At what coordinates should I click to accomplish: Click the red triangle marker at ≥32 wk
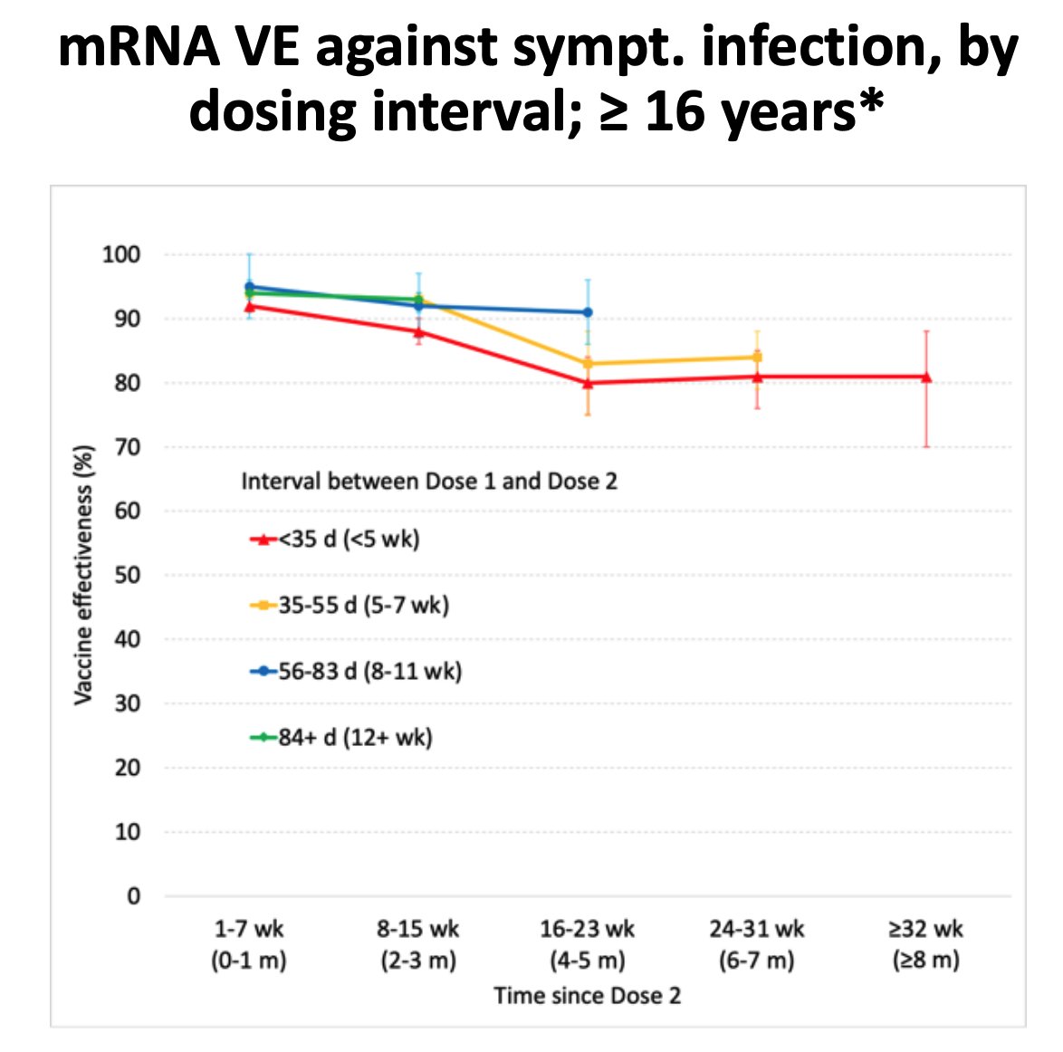[926, 377]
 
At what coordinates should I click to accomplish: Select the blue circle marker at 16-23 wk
[588, 312]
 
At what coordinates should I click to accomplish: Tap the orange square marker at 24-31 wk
[757, 357]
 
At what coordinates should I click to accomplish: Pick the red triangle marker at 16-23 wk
[588, 383]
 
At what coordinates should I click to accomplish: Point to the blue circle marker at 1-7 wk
[249, 287]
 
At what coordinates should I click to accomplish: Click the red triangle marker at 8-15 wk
[418, 331]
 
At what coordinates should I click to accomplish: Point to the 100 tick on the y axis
[121, 254]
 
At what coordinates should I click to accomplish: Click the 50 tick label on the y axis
[128, 575]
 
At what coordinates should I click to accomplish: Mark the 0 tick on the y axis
[134, 895]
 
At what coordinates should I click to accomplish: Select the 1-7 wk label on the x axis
[249, 944]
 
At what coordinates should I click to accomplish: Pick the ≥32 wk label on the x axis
[926, 944]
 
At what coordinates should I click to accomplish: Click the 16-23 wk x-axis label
[588, 944]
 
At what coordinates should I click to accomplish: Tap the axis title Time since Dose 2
[588, 996]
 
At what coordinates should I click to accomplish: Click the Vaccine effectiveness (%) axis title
[83, 575]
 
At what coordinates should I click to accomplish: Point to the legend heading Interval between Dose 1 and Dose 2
[429, 481]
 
